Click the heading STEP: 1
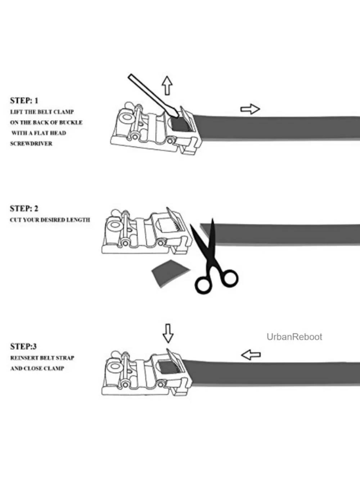click(24, 100)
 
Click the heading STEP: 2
click(24, 208)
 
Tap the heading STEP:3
click(23, 346)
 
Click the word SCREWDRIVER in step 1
click(31, 143)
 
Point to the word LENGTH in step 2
click(78, 220)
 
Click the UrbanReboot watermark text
click(294, 337)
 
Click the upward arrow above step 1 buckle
click(167, 85)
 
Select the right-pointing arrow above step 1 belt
click(250, 109)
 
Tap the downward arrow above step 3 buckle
click(168, 333)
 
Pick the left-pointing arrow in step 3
click(251, 355)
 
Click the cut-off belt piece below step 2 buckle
click(171, 273)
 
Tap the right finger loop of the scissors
click(230, 278)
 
